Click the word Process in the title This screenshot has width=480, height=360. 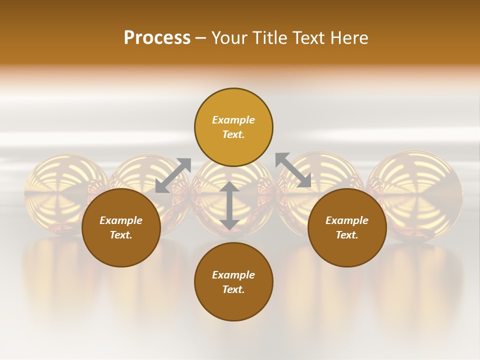tap(157, 38)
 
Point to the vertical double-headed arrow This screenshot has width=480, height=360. tap(229, 206)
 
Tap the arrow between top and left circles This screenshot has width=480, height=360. tap(173, 175)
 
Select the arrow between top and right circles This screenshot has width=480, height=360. tap(293, 170)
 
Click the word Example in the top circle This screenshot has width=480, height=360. tap(233, 120)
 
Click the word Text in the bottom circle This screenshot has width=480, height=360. tap(233, 289)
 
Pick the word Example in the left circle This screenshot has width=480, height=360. tap(121, 220)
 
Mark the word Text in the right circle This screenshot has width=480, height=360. tap(347, 235)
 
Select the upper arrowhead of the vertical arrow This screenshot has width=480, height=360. tap(229, 187)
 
